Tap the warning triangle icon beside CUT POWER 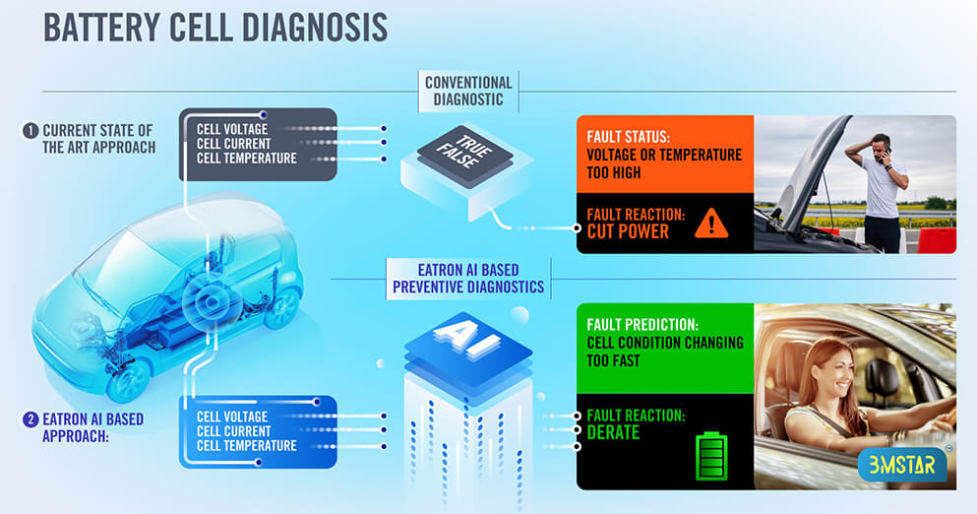(710, 225)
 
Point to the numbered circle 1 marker (30, 130)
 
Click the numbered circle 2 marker (30, 419)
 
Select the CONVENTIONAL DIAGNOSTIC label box (469, 91)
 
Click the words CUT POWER (628, 232)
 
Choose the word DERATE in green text (613, 432)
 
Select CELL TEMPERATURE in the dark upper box (246, 159)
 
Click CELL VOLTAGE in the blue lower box (232, 417)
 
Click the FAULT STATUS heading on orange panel (631, 136)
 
